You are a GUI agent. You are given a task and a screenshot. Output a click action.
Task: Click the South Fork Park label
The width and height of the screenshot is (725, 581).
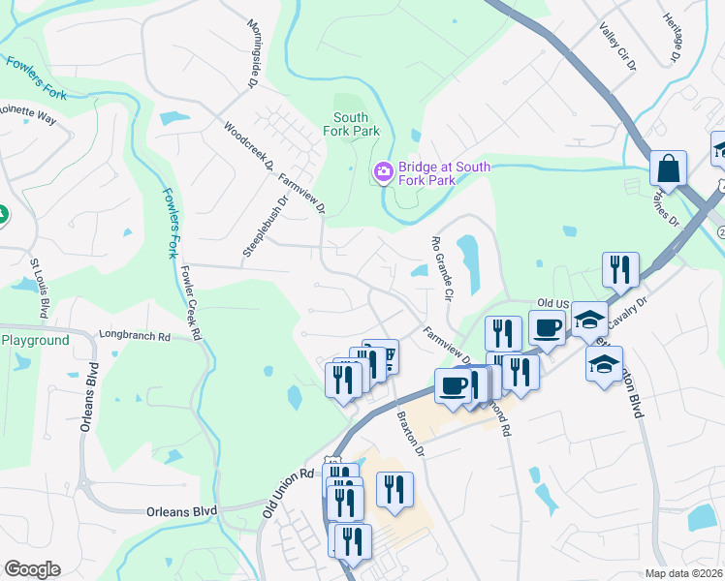(351, 123)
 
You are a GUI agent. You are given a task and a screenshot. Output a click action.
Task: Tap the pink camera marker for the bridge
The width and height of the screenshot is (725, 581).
(383, 173)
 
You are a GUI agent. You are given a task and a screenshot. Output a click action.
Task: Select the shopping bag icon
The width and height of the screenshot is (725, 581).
(668, 168)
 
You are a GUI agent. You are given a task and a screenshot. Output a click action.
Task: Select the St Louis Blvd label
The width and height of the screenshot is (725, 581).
(39, 289)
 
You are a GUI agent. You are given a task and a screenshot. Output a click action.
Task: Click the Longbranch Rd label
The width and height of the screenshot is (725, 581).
(135, 337)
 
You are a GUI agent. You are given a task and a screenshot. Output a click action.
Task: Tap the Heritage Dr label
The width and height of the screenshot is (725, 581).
(674, 39)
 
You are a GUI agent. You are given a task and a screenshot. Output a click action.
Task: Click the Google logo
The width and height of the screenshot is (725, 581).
(32, 569)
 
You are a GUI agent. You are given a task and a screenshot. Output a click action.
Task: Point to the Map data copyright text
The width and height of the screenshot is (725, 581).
(684, 573)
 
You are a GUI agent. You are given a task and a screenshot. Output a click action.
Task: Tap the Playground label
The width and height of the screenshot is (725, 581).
(35, 340)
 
